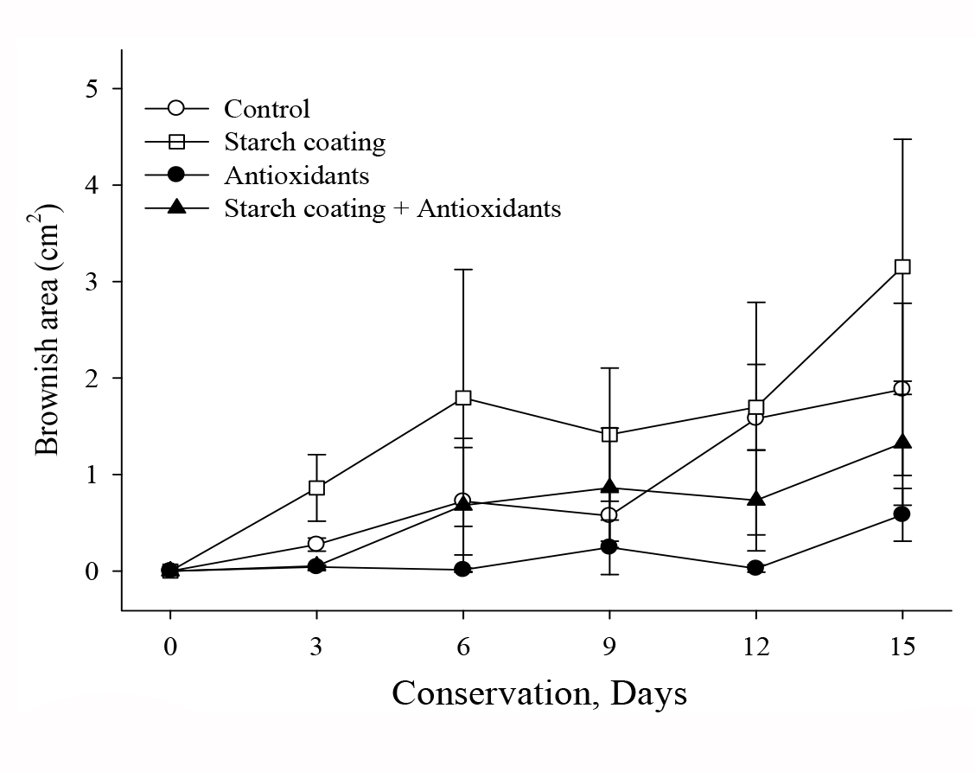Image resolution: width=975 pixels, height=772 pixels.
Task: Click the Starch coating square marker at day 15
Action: pyautogui.click(x=902, y=266)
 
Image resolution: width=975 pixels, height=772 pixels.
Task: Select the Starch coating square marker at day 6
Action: pyautogui.click(x=463, y=398)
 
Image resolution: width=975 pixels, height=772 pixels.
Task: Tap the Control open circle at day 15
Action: pyautogui.click(x=902, y=388)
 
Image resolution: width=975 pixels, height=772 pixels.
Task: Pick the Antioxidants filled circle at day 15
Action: pyautogui.click(x=902, y=514)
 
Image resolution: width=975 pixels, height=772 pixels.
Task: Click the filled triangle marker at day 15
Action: pyautogui.click(x=902, y=442)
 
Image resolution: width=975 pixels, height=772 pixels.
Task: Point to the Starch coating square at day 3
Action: pyautogui.click(x=316, y=488)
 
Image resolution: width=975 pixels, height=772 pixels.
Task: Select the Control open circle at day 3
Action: pyautogui.click(x=316, y=544)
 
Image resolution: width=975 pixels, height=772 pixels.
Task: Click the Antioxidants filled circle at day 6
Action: pyautogui.click(x=463, y=569)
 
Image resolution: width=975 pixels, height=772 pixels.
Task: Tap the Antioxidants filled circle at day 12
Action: pyautogui.click(x=755, y=568)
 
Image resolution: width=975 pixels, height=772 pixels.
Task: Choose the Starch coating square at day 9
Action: pyautogui.click(x=609, y=434)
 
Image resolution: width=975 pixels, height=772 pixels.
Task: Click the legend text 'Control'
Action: pyautogui.click(x=266, y=109)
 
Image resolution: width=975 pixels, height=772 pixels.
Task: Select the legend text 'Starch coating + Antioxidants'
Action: pyautogui.click(x=392, y=208)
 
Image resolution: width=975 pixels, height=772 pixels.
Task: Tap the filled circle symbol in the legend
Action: pyautogui.click(x=176, y=175)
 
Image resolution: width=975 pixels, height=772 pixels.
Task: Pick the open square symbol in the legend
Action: pyautogui.click(x=176, y=142)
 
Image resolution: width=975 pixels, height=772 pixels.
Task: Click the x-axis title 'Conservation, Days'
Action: pyautogui.click(x=539, y=693)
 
